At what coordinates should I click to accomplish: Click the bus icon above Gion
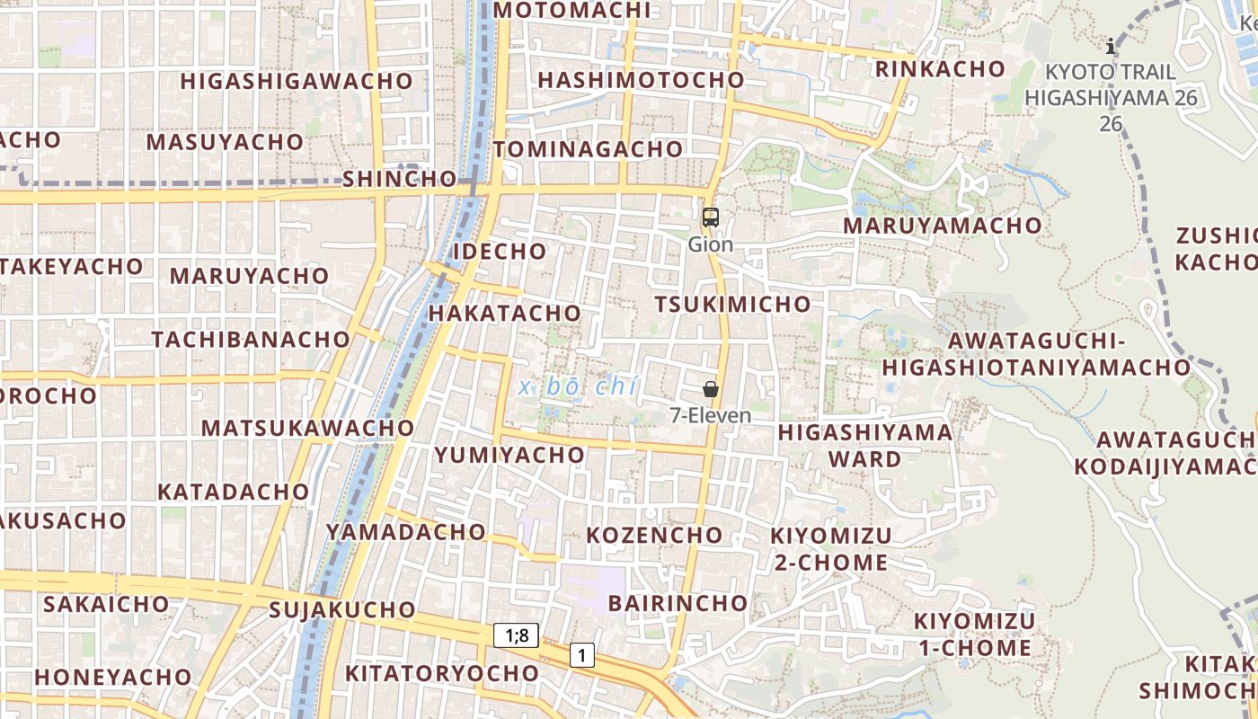coord(710,217)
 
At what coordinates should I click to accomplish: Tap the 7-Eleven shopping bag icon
coord(710,389)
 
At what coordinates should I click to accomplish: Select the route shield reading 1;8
coord(517,636)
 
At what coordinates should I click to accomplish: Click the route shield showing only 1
coord(582,656)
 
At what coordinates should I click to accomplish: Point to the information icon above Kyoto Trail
coord(1111,46)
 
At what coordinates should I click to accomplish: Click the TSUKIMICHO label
coord(732,305)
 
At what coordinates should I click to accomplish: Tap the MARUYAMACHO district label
coord(942,226)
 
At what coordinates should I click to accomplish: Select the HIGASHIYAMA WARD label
coord(864,446)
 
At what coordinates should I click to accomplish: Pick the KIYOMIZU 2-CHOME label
coord(831,549)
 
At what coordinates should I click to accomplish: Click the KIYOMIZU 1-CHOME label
coord(974,635)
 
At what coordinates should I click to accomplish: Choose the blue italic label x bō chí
coord(579,387)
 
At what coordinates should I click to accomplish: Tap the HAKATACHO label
coord(504,313)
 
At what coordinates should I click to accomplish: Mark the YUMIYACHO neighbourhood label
coord(509,455)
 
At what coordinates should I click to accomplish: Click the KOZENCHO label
coord(654,536)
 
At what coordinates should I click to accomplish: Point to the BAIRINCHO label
coord(678,603)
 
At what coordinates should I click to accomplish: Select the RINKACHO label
coord(940,69)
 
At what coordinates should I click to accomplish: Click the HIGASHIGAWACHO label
coord(297,81)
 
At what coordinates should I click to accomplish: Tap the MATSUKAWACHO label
coord(307,428)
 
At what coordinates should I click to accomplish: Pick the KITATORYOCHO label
coord(442,673)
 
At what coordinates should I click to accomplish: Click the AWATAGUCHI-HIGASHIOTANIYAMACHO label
coord(1036,354)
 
